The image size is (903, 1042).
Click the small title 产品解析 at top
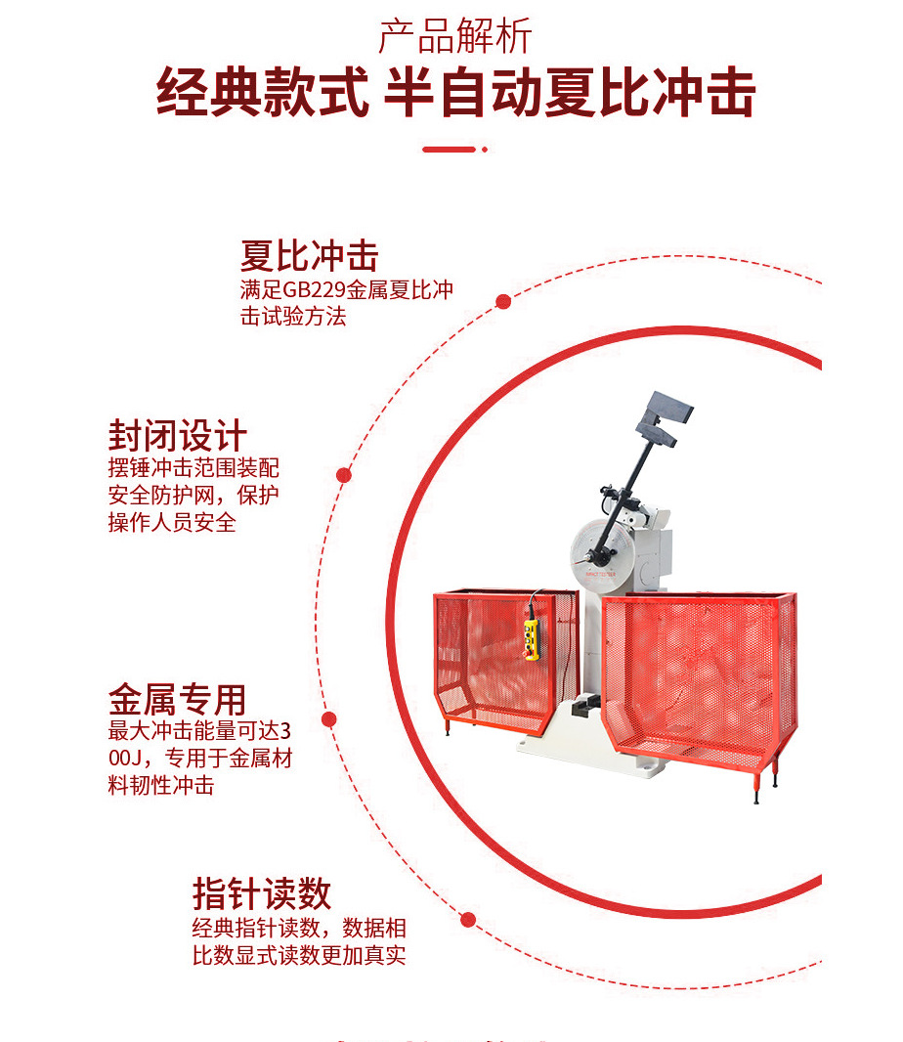455,37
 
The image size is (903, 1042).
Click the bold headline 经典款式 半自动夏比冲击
455,94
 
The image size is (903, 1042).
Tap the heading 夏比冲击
309,256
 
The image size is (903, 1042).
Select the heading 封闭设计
178,436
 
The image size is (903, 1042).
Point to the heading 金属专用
177,700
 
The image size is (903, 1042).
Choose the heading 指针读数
262,893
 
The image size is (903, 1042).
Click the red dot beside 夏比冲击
503,301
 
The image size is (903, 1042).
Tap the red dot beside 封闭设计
344,475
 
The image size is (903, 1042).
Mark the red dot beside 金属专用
329,718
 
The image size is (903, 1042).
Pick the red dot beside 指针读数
468,919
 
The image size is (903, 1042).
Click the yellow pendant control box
533,639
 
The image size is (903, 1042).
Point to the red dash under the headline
449,150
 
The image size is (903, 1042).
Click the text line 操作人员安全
172,522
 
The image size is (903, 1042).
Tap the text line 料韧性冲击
161,785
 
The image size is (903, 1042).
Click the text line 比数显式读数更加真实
299,955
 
